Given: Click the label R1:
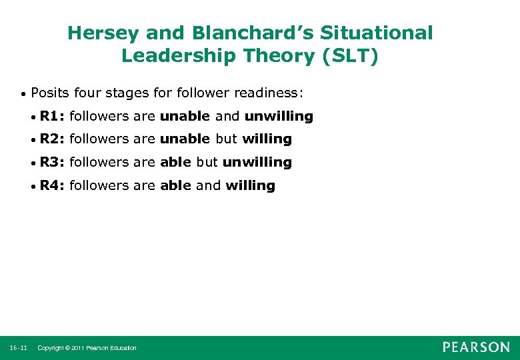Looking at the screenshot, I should tap(52, 116).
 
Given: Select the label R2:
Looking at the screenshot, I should tap(52, 139).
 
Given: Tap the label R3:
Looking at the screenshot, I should tap(52, 162).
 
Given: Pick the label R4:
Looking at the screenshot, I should tap(52, 185).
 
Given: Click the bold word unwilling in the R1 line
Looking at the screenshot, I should tap(278, 116).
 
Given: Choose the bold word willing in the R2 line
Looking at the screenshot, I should tap(267, 139).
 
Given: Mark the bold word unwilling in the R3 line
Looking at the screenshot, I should tap(257, 162).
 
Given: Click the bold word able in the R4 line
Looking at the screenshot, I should tap(175, 185).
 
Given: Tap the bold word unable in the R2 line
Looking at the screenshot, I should tap(185, 139).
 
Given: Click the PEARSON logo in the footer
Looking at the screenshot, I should tap(476, 347).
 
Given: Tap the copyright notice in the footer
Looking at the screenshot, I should tap(87, 348).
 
